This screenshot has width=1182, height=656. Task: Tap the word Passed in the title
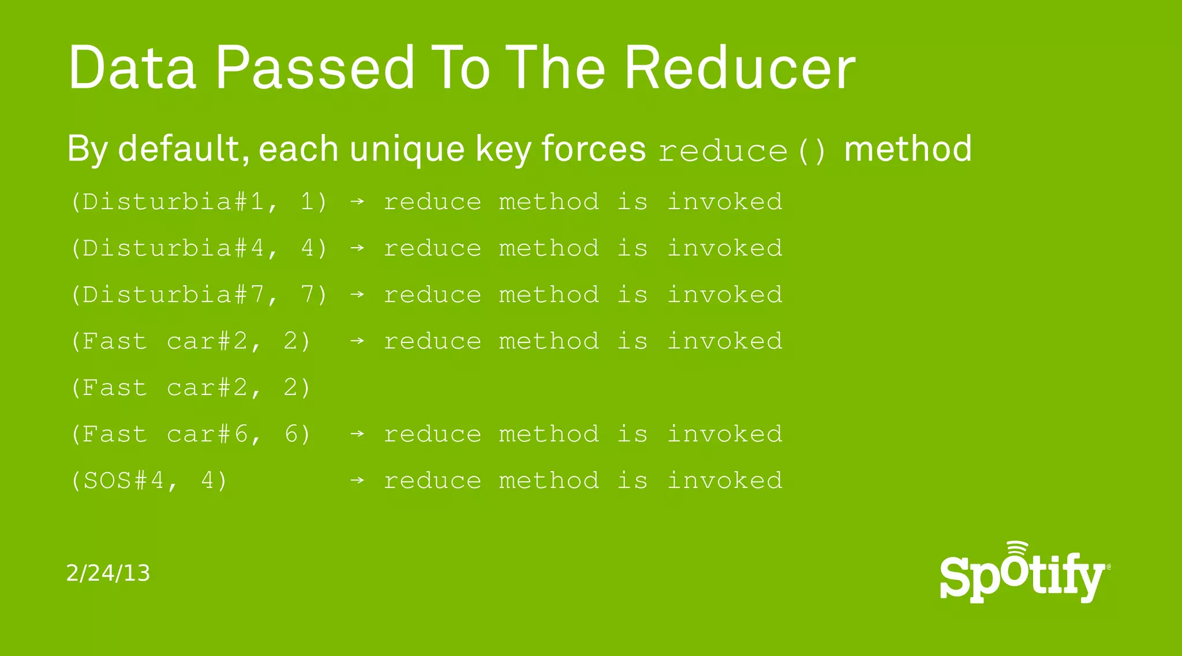[x=315, y=68]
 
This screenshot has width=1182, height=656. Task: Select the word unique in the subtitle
[x=407, y=149]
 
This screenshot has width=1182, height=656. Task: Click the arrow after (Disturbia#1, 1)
[x=357, y=202]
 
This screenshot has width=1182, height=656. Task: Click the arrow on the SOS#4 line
[x=357, y=480]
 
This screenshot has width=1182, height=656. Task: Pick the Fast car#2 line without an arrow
[x=190, y=387]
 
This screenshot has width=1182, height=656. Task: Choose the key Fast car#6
[x=165, y=434]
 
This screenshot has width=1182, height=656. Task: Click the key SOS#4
[x=124, y=480]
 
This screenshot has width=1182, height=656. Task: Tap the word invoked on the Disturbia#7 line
[x=724, y=295]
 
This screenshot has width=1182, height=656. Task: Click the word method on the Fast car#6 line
[x=549, y=434]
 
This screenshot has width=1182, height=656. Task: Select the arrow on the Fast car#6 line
[x=357, y=434]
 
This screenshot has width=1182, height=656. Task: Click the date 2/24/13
[x=108, y=573]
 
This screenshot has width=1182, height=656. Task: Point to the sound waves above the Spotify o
[x=1017, y=548]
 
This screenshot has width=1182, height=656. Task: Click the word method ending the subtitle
[x=907, y=149]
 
